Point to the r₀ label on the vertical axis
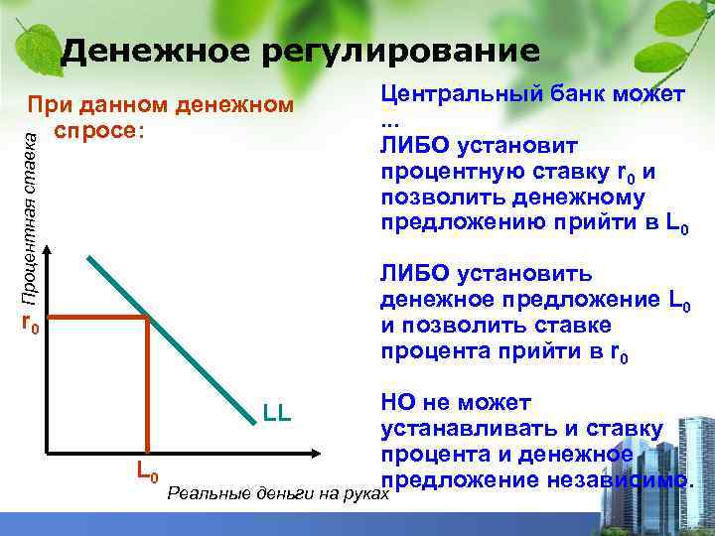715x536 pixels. click(x=30, y=323)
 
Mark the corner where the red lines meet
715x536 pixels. click(x=148, y=318)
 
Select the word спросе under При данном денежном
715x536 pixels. click(x=98, y=130)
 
